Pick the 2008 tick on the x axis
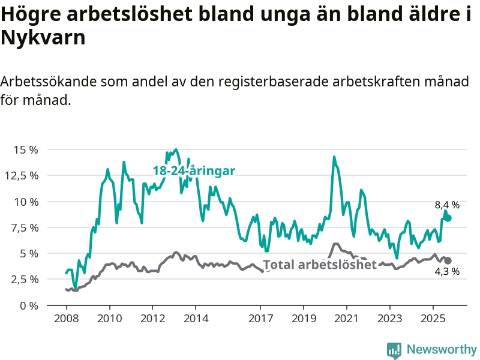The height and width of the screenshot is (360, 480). click(x=65, y=317)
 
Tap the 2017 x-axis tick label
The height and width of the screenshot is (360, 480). click(x=260, y=317)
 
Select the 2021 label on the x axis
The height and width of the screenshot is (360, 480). click(x=347, y=317)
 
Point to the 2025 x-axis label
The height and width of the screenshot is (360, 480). click(x=433, y=317)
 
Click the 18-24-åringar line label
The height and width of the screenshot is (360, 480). click(x=194, y=171)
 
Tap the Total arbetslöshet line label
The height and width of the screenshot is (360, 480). click(x=320, y=265)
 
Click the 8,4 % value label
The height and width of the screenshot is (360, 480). click(x=447, y=205)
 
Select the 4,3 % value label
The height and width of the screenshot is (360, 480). click(x=447, y=271)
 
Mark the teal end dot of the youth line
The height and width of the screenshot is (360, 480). click(x=448, y=218)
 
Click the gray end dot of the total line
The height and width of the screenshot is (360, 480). click(x=448, y=260)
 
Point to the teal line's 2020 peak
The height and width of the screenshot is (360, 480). click(x=334, y=157)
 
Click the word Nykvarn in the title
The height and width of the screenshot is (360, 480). click(x=43, y=38)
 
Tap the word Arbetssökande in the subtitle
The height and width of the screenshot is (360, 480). click(x=49, y=82)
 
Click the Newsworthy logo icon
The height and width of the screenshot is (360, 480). click(x=394, y=350)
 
